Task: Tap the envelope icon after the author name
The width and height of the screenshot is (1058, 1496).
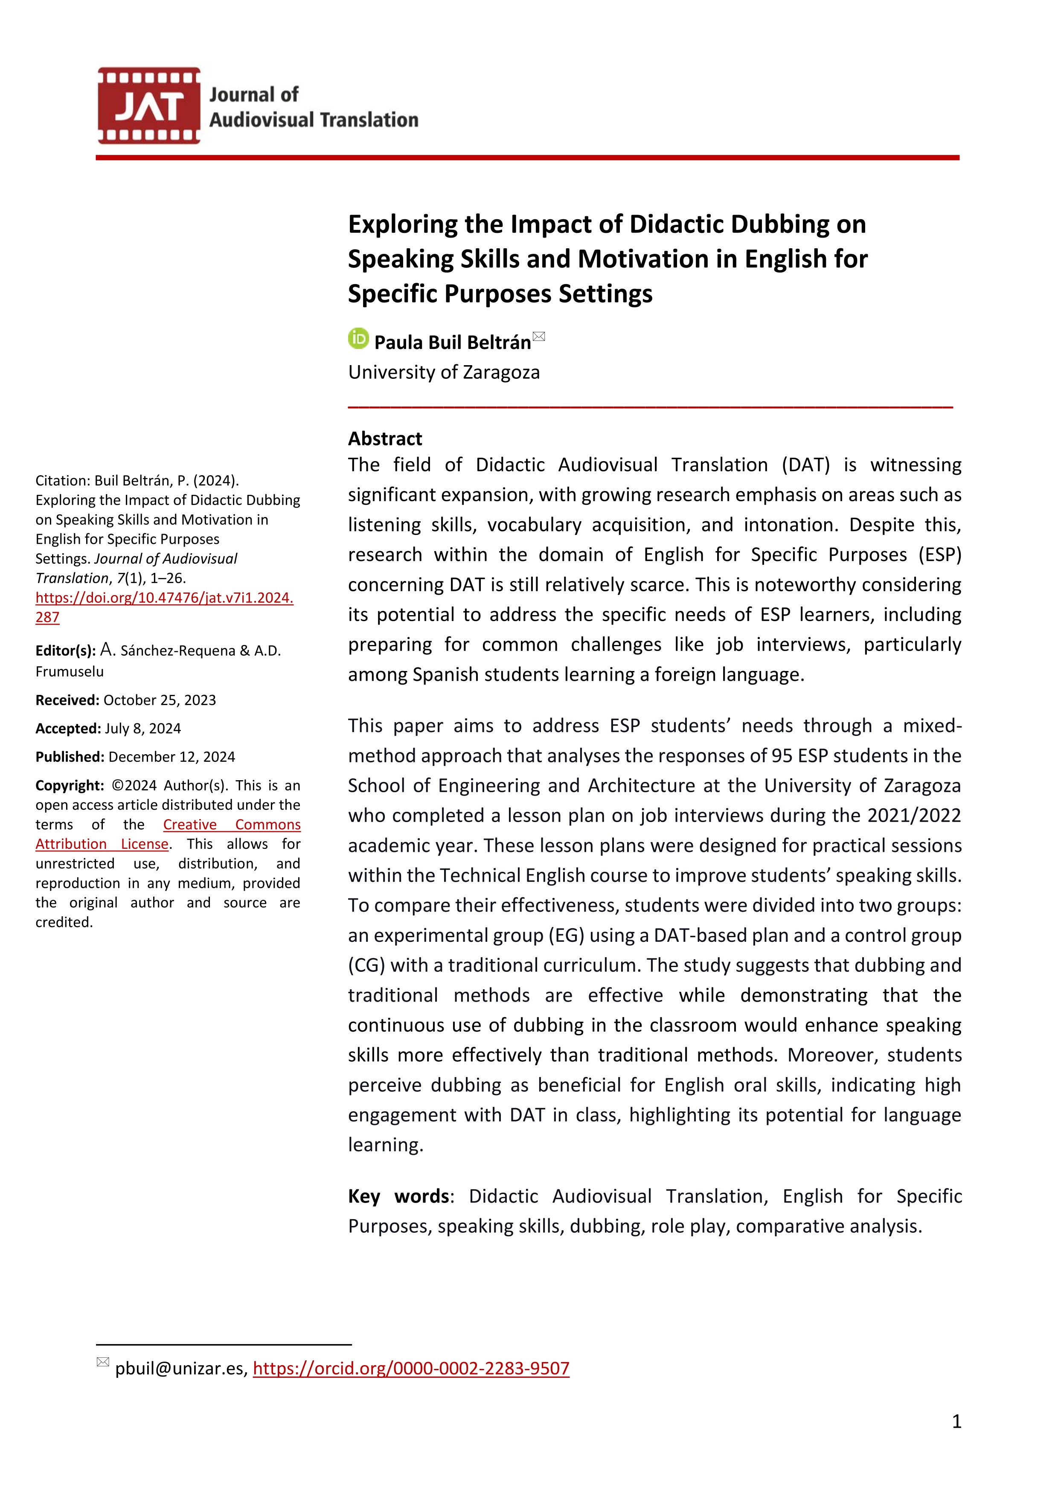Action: (539, 336)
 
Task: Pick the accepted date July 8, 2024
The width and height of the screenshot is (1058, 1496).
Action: (142, 729)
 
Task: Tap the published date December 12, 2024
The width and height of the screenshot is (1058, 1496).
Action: (171, 757)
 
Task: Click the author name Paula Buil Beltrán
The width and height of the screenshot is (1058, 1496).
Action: (452, 342)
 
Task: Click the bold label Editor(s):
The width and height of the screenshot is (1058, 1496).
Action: (65, 650)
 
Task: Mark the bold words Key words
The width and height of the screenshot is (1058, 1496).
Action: (398, 1196)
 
